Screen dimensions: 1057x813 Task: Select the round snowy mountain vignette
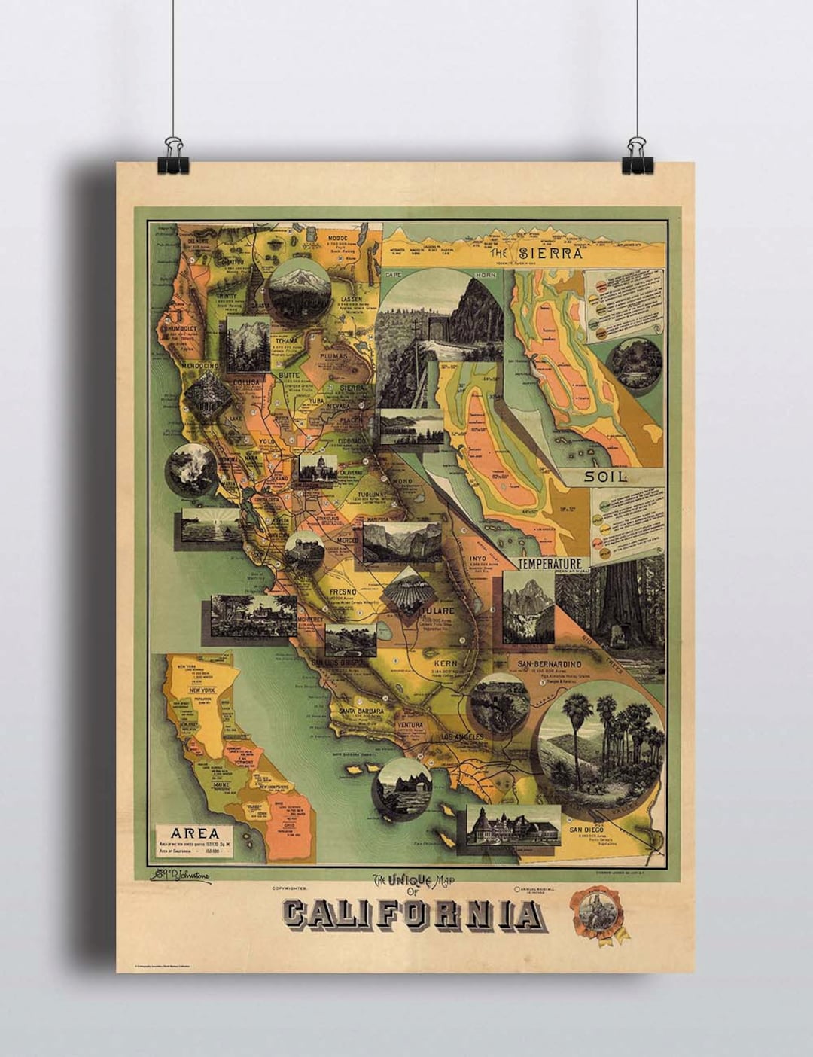coord(300,288)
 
